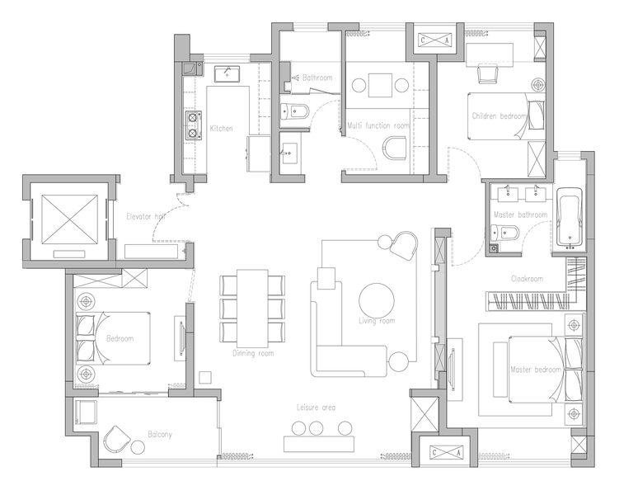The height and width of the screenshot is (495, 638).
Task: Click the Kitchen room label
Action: [x=222, y=129]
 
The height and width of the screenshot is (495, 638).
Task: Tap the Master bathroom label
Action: [x=520, y=214]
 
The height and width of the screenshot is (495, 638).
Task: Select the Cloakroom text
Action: [x=527, y=279]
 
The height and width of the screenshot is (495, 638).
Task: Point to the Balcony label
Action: [x=160, y=435]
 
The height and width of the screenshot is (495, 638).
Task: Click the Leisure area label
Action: [x=316, y=407]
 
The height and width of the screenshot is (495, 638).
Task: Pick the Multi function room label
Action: [x=378, y=125]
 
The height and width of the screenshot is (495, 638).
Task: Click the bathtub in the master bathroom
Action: [x=569, y=218]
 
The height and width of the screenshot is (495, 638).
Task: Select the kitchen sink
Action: [x=227, y=73]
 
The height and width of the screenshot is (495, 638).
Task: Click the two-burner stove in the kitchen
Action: [x=193, y=125]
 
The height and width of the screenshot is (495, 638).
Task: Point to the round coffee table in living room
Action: [x=377, y=301]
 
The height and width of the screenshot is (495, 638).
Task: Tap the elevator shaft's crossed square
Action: [x=69, y=219]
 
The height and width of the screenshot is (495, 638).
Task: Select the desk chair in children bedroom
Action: [x=487, y=74]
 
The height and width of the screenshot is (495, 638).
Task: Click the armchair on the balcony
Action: [x=116, y=440]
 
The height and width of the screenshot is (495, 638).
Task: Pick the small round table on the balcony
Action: [x=138, y=447]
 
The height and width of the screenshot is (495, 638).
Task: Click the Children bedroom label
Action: [x=500, y=116]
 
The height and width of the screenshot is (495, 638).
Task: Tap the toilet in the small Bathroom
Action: [x=295, y=111]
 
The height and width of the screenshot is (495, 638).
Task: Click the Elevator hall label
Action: [x=146, y=216]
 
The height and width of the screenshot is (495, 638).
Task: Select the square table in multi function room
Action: [x=381, y=86]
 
